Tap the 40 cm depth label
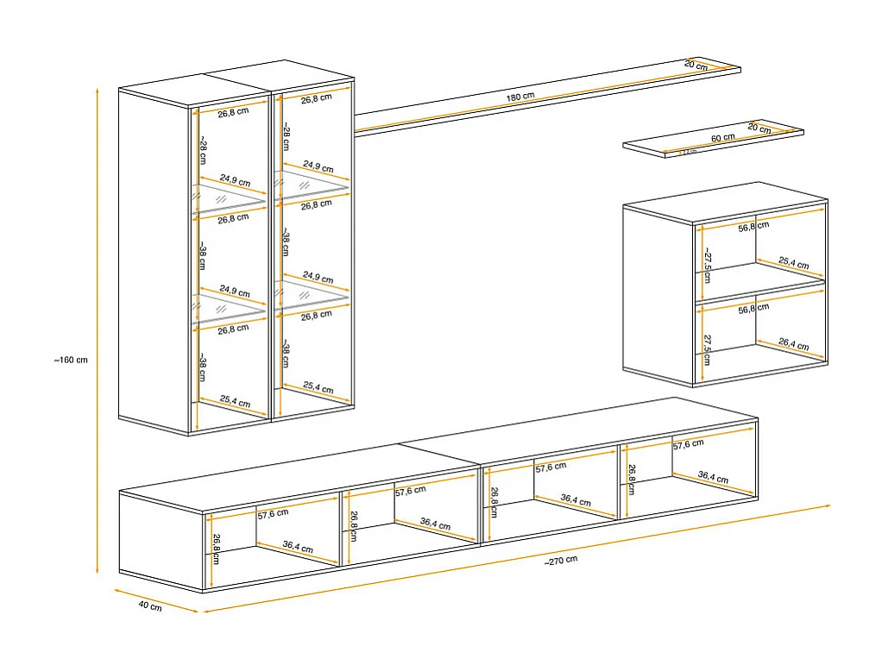tap(149, 606)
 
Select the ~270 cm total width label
tap(561, 560)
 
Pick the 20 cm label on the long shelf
tap(696, 66)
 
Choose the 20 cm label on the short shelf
tap(759, 128)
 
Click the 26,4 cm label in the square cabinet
tap(793, 346)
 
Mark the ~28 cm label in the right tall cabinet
tap(286, 138)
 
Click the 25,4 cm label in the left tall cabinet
tap(235, 403)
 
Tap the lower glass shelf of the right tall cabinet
tap(311, 296)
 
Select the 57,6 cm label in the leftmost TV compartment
tap(273, 513)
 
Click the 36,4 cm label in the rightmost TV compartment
tap(712, 479)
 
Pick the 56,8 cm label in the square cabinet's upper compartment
tap(753, 225)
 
